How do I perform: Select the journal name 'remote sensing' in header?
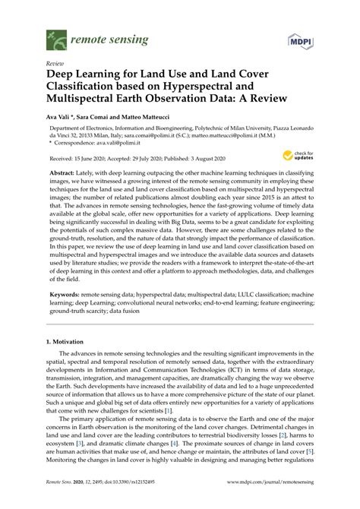100,35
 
